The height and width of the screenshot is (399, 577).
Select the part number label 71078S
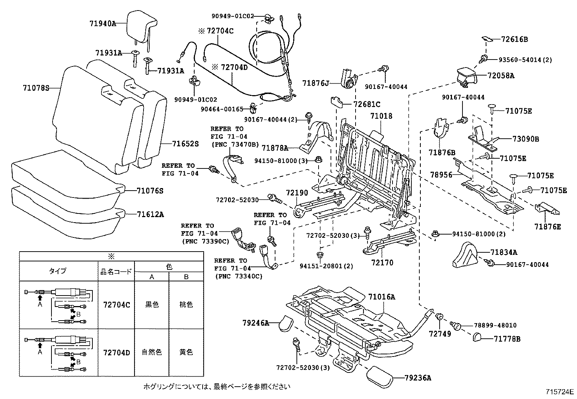pyautogui.click(x=36, y=88)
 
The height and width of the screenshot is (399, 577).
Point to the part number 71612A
pyautogui.click(x=150, y=215)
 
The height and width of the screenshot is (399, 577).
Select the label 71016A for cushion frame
pyautogui.click(x=382, y=297)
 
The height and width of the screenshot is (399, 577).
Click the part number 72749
pyautogui.click(x=440, y=334)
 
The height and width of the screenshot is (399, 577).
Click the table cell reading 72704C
pyautogui.click(x=116, y=305)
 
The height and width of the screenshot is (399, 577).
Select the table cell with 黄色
pyautogui.click(x=186, y=352)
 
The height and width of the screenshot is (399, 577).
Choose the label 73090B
pyautogui.click(x=526, y=139)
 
